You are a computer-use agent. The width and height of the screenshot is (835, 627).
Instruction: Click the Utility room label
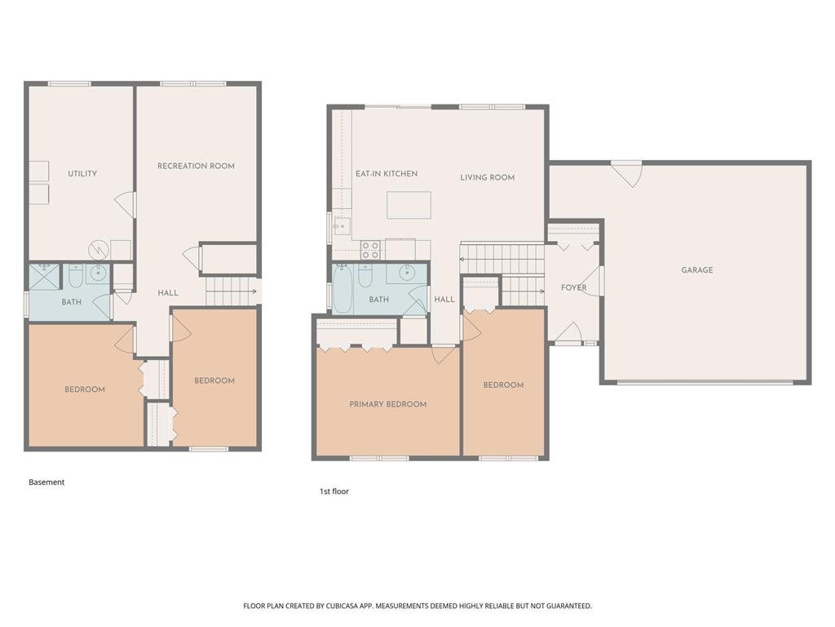tap(82, 173)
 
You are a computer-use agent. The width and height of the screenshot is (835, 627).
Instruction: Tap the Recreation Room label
tap(196, 166)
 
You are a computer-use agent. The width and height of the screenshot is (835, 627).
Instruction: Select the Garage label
tap(697, 269)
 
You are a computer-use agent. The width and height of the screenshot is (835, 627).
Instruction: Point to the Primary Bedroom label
tap(387, 404)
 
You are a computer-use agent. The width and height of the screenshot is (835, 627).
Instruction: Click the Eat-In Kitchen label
tap(387, 173)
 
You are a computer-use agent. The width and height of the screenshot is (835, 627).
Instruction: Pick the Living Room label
tap(488, 177)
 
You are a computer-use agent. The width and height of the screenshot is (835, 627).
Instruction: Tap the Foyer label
tap(573, 287)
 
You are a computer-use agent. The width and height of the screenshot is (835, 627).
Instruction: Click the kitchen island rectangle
tap(409, 205)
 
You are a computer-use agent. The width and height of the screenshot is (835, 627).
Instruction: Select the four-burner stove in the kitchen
tap(370, 250)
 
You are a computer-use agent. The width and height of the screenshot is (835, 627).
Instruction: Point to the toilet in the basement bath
tap(76, 276)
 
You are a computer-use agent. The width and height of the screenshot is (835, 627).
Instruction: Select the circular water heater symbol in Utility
tap(99, 249)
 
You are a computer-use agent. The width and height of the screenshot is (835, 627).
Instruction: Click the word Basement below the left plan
tap(46, 482)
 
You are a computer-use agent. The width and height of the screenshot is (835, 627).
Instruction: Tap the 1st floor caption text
tap(334, 491)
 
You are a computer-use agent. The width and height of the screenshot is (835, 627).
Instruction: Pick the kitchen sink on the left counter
tap(341, 226)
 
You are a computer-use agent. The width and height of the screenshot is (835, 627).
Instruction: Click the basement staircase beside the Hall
tap(232, 291)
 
